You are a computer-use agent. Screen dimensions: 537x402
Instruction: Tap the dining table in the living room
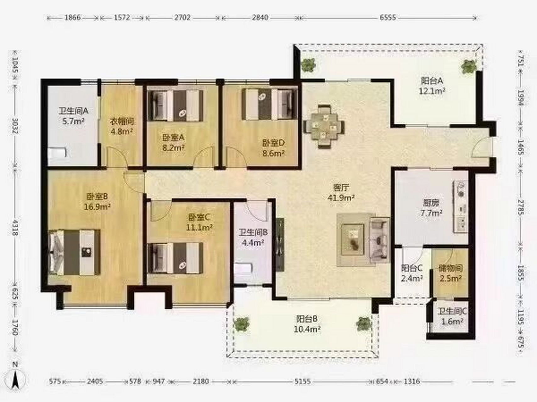click(324, 127)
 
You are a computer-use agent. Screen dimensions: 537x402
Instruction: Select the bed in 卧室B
click(74, 253)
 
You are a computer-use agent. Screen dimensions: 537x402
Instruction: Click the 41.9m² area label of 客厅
click(341, 198)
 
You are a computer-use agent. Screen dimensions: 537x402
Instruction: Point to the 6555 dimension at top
click(388, 17)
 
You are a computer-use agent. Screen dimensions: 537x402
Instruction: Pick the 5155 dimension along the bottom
click(303, 381)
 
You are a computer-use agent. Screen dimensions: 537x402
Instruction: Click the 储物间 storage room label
click(450, 269)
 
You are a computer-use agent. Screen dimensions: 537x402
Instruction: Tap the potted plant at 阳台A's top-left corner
click(308, 65)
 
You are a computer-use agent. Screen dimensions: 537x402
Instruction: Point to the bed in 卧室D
click(269, 104)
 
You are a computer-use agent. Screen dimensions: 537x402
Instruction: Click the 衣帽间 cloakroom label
click(122, 121)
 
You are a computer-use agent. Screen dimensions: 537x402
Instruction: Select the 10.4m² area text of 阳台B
click(307, 329)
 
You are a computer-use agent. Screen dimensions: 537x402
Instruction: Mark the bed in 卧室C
click(175, 257)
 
